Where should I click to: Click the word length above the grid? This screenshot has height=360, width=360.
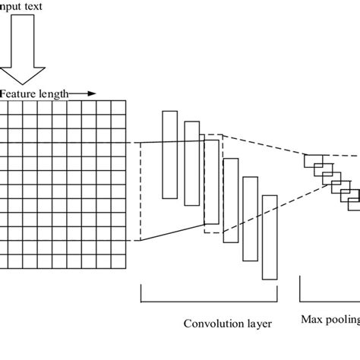pos(54,93)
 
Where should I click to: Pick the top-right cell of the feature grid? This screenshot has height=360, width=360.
pos(117,107)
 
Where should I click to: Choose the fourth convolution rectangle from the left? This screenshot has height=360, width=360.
pos(230,200)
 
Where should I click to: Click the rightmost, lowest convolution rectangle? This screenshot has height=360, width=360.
pos(270,238)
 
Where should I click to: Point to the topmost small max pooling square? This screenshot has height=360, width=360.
pos(311,159)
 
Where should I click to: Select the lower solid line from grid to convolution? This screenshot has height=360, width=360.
pos(167,232)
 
